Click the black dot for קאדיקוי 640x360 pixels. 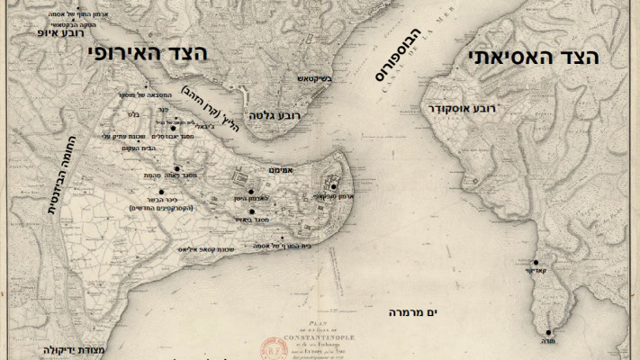click(536, 262)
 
